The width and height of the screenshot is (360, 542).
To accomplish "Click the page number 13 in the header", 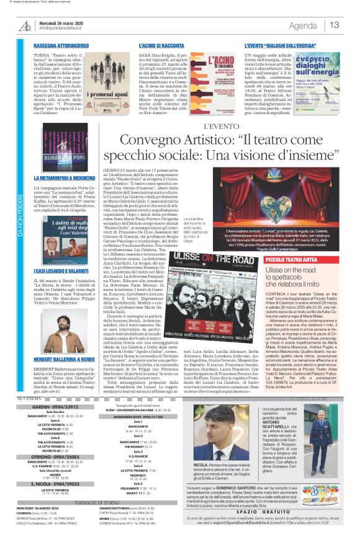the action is (x=335, y=25).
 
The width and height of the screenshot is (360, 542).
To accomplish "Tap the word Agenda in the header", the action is (x=303, y=25).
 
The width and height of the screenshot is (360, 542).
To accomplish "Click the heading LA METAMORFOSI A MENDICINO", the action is (x=68, y=177).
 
